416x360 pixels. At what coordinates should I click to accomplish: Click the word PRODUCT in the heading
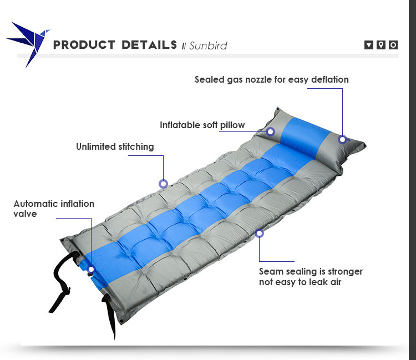[x=84, y=45]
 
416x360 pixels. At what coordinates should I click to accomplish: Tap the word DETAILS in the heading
[x=149, y=45]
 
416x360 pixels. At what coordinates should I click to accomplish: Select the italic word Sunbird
[x=208, y=45]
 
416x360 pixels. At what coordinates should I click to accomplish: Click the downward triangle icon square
[x=368, y=45]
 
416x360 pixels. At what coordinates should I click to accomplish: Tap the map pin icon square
[x=381, y=45]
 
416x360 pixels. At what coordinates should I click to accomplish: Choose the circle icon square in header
[x=393, y=45]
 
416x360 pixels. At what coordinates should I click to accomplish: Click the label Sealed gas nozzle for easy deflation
[x=271, y=79]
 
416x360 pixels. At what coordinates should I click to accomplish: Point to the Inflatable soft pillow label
[x=202, y=125]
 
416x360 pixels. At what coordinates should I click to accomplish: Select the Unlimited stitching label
[x=115, y=146]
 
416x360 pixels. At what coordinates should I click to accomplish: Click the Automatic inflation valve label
[x=54, y=209]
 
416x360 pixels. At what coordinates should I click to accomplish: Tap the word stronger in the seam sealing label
[x=345, y=272]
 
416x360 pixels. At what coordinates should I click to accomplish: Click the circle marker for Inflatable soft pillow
[x=270, y=131]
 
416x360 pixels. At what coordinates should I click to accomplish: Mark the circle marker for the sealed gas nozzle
[x=342, y=139]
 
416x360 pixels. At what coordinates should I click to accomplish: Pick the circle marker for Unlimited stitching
[x=163, y=184]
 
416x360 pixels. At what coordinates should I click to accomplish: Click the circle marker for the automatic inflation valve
[x=91, y=269]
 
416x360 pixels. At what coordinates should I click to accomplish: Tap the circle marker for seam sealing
[x=259, y=233]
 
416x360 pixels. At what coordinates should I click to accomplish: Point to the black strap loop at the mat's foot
[x=64, y=281]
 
